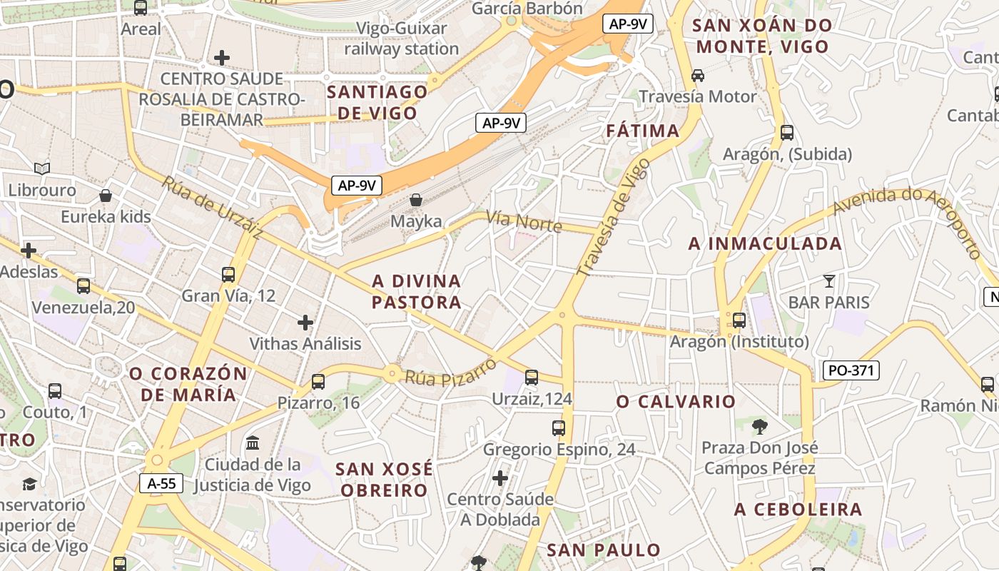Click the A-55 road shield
[x=161, y=483]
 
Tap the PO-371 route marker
[x=851, y=370]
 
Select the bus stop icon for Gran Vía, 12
[x=228, y=274]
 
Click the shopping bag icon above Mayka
[x=416, y=201]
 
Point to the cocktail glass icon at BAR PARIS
[x=828, y=281]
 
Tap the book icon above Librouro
[x=42, y=169]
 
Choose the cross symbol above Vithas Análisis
[x=305, y=323]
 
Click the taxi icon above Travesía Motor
[x=698, y=75]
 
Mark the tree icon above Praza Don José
[x=759, y=427]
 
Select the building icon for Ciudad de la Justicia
[x=253, y=443]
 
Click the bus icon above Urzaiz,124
[x=532, y=378]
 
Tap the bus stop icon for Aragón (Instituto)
[x=739, y=320]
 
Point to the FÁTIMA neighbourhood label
[x=643, y=131]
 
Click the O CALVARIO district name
[x=676, y=402]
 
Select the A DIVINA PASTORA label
[x=417, y=291]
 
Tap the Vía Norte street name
[x=524, y=221]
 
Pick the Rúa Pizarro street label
[x=451, y=372]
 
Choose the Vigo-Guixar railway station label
[x=402, y=39]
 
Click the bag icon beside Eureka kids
[x=106, y=196]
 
